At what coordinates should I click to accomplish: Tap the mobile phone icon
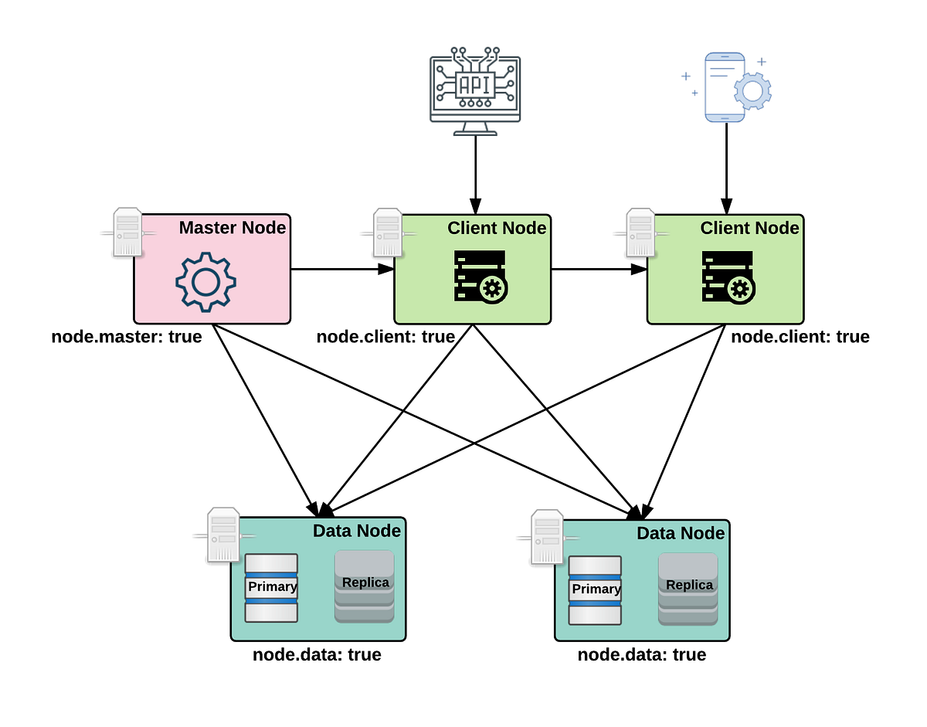[724, 87]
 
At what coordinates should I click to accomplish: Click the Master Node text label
[233, 228]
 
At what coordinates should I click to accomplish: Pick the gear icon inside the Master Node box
[205, 282]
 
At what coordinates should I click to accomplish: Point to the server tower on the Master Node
[127, 231]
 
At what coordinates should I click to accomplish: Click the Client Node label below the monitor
[497, 228]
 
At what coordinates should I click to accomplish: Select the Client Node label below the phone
[749, 228]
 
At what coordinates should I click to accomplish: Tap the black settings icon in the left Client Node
[480, 276]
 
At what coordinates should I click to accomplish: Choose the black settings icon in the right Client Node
[728, 276]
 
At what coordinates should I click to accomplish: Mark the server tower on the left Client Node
[387, 231]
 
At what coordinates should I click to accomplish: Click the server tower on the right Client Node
[640, 231]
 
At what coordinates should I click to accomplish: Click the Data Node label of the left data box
[357, 531]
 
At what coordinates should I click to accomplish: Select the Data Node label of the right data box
[681, 533]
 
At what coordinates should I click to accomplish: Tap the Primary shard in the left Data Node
[271, 587]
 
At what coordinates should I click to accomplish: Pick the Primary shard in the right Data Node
[595, 590]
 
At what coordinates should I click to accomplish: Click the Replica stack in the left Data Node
[365, 586]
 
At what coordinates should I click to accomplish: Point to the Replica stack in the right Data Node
[688, 589]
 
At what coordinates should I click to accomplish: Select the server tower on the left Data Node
[223, 533]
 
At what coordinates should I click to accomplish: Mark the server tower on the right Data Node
[547, 535]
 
